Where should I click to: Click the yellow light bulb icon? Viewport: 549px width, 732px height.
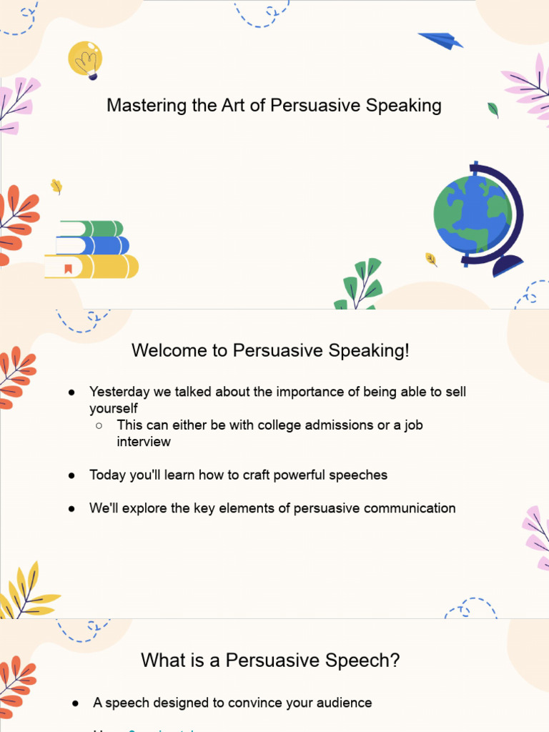tap(85, 59)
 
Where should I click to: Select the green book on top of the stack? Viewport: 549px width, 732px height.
tap(91, 229)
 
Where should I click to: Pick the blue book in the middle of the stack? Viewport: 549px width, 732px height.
tap(93, 246)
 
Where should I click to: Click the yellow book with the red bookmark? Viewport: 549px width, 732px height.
tap(91, 267)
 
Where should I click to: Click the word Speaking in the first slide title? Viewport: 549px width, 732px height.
tap(403, 106)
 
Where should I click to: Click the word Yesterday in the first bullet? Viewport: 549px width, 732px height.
tap(119, 392)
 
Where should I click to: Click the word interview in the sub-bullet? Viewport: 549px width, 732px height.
tap(144, 442)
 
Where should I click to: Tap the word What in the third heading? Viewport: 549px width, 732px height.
tap(161, 660)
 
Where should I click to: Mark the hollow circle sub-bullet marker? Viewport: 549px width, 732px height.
tap(99, 425)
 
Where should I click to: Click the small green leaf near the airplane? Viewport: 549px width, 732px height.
tap(493, 109)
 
